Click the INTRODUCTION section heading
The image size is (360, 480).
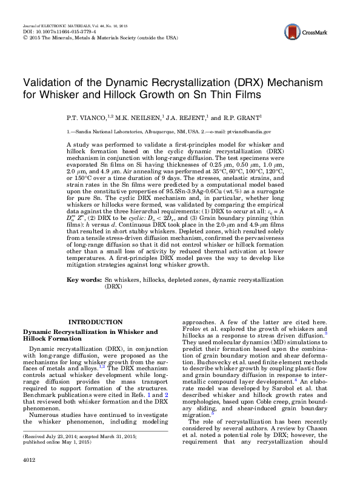click(95, 322)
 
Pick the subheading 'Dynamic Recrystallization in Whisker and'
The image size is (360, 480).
click(90, 332)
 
